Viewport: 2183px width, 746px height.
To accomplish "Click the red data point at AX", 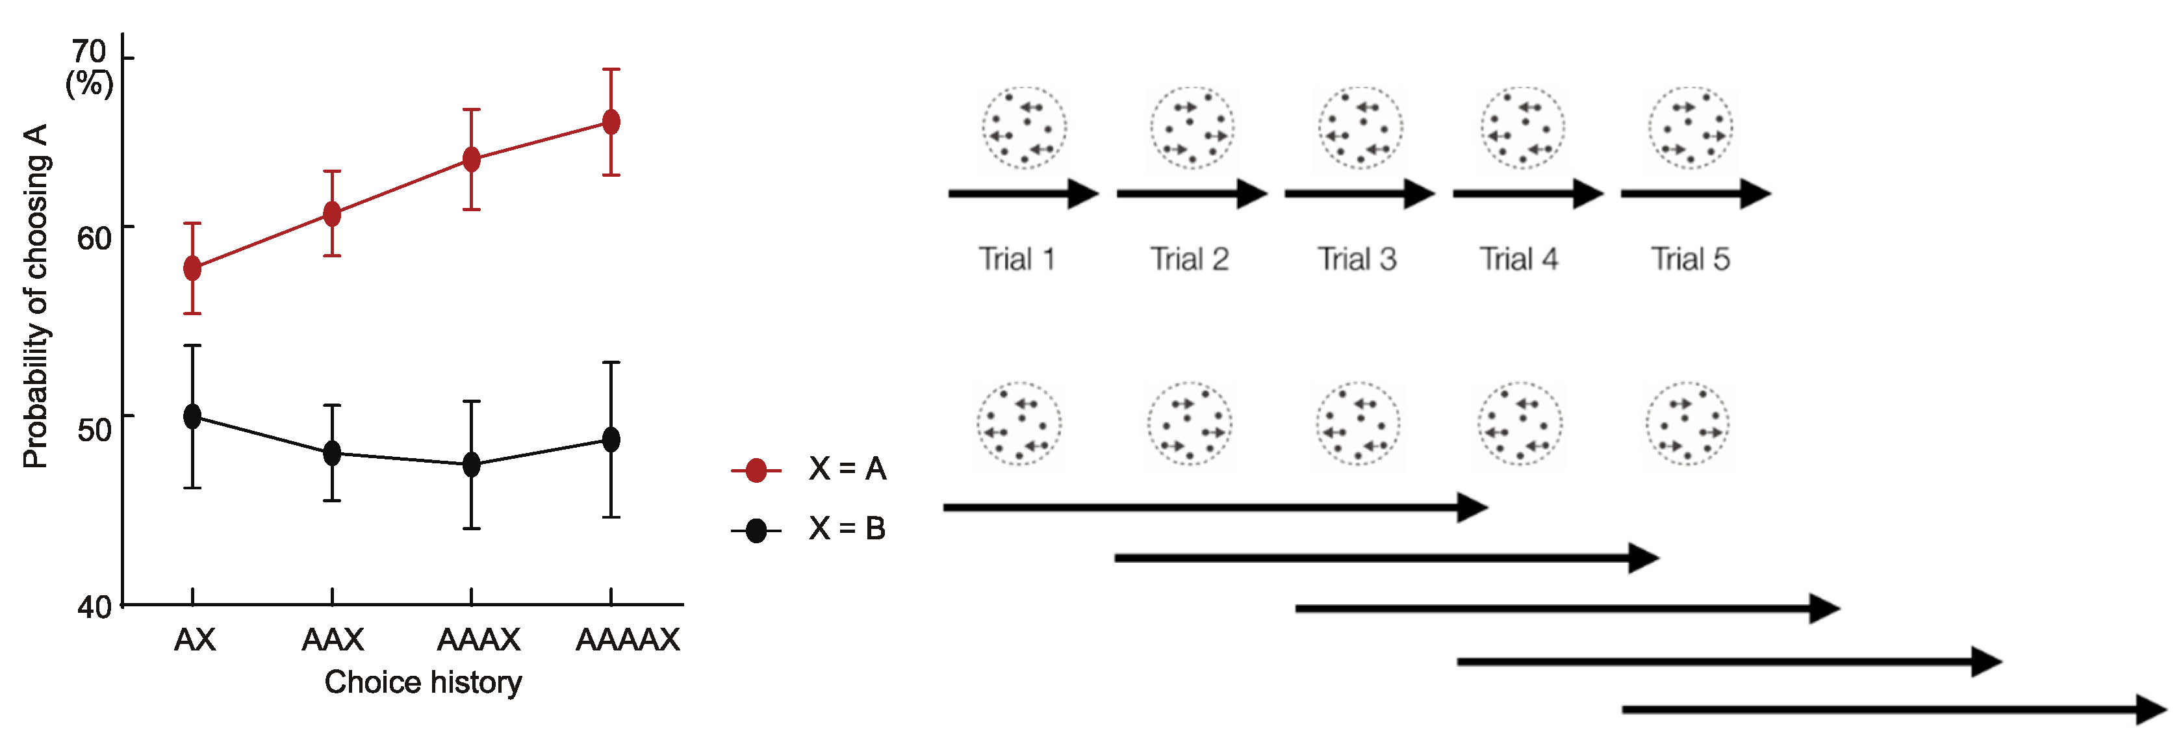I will click(x=192, y=269).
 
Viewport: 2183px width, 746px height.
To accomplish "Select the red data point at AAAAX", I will click(x=611, y=122).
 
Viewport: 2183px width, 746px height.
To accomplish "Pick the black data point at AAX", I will click(x=332, y=453).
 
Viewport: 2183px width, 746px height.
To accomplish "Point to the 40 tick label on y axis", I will click(x=94, y=607).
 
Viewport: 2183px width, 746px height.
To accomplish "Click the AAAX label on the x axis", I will click(x=478, y=639).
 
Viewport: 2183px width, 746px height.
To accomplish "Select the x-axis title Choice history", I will click(x=423, y=682).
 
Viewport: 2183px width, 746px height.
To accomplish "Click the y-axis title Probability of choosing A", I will click(x=36, y=297).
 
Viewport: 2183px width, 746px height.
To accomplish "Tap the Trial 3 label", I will click(x=1357, y=259).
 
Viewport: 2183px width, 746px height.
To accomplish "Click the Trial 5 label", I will click(x=1690, y=259).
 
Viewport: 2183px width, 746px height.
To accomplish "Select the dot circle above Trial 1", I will click(x=1024, y=128).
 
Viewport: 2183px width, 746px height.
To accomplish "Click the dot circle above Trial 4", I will click(x=1523, y=128).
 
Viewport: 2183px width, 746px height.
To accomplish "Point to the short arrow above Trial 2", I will click(x=1191, y=193).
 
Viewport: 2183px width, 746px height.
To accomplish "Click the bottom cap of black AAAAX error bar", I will click(x=611, y=517).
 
